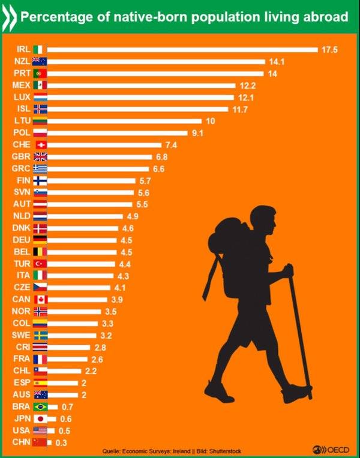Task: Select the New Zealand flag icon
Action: pyautogui.click(x=40, y=61)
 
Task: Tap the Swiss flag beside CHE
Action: pyautogui.click(x=40, y=144)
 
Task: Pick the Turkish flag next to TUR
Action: pyautogui.click(x=40, y=263)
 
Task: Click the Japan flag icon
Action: pyautogui.click(x=40, y=418)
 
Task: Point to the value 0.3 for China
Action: pyautogui.click(x=60, y=442)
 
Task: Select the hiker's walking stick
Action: pyautogui.click(x=300, y=336)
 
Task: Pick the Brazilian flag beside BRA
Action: pyautogui.click(x=40, y=406)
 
